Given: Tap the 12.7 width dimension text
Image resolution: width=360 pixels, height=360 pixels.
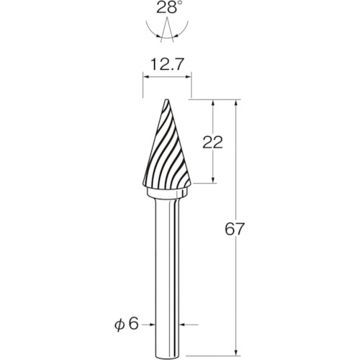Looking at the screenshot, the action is (x=167, y=65).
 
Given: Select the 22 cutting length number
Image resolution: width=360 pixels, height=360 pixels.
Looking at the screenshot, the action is (x=212, y=143).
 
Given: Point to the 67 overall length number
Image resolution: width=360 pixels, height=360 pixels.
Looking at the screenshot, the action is (x=234, y=229).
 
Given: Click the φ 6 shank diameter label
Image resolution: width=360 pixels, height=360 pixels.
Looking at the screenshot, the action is (x=127, y=325).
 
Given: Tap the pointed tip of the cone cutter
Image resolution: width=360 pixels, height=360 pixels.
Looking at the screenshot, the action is (x=166, y=99).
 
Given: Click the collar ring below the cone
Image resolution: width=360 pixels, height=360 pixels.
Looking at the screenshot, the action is (x=167, y=193).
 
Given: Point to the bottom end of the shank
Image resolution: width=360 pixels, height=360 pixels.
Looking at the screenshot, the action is (x=167, y=355).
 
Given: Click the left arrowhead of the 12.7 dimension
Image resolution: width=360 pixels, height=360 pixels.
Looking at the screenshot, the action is (x=145, y=77).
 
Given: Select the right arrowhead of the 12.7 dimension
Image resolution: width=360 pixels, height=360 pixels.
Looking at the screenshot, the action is (x=189, y=77).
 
